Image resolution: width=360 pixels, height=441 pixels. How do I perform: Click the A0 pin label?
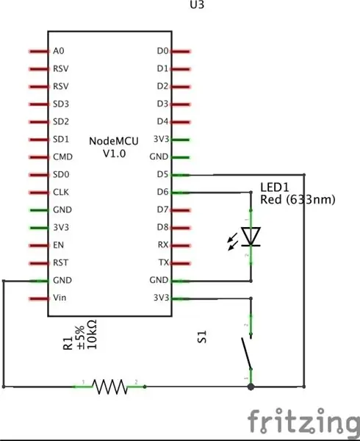59,51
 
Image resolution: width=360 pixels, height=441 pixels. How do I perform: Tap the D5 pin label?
162,174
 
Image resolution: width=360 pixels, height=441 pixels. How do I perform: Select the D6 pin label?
162,192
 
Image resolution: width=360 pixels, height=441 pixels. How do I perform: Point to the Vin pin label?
60,298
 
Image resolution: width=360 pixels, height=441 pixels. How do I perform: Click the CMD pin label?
62,157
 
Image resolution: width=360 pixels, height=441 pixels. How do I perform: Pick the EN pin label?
58,245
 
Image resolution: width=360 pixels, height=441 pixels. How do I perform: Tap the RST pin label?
60,262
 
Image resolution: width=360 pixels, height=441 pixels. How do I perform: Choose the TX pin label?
164,262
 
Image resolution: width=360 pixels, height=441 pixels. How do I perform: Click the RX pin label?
163,245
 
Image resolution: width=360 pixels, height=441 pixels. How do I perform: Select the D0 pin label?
162,51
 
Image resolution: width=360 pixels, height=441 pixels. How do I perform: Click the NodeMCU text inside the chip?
114,141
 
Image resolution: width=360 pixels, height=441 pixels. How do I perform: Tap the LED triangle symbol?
251,236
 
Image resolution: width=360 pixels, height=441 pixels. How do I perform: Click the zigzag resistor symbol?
110,387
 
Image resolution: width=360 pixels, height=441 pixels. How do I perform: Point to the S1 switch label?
202,337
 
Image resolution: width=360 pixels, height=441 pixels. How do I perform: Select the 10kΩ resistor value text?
92,334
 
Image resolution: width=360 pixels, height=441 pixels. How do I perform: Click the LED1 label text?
275,187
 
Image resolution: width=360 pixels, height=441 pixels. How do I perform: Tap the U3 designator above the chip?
197,4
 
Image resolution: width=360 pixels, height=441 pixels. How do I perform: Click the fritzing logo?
304,421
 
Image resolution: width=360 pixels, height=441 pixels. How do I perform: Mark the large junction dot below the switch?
251,387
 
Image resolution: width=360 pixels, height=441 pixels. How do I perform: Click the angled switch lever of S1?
246,354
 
